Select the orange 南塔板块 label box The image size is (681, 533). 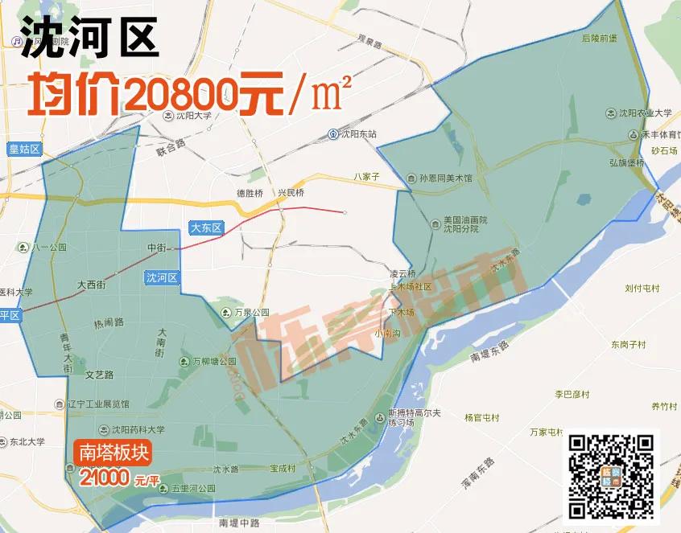[x=113, y=453]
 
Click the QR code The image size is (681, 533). [x=611, y=476]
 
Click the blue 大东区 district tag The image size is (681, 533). [x=205, y=228]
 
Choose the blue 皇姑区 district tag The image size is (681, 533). [x=24, y=149]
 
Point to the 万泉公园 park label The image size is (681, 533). [x=246, y=312]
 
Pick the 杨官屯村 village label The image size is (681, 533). [x=481, y=418]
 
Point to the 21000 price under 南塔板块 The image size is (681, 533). [x=105, y=478]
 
